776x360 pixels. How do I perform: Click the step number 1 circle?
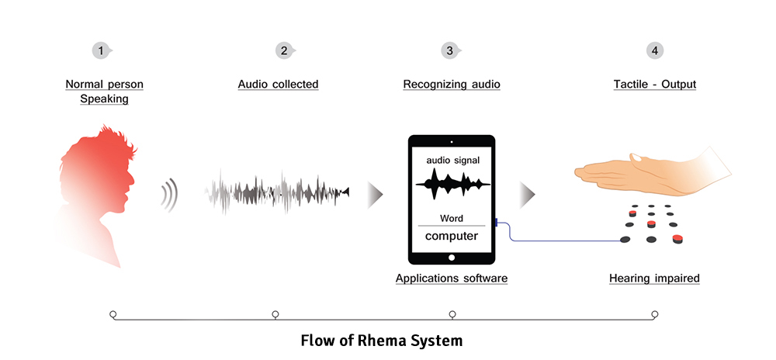[x=100, y=50]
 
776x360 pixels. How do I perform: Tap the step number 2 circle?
[x=284, y=50]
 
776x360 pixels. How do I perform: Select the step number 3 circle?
[x=449, y=50]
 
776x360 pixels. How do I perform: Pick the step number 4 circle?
[x=655, y=50]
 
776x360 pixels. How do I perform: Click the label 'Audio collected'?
[x=278, y=84]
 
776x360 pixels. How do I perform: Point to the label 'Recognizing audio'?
[x=452, y=84]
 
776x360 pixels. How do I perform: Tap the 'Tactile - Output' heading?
[x=654, y=84]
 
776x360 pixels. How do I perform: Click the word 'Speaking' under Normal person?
[x=104, y=99]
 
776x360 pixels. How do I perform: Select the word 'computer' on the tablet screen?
[x=452, y=236]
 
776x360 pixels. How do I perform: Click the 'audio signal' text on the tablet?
[x=452, y=161]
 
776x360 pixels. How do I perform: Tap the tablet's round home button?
[x=452, y=256]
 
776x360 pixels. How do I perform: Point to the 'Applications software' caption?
[x=452, y=278]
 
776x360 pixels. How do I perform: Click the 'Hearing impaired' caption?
[x=654, y=278]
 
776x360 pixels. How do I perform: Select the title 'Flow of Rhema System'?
[x=381, y=340]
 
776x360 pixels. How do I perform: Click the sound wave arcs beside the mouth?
[x=169, y=195]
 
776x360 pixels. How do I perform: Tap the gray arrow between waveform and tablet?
[x=375, y=194]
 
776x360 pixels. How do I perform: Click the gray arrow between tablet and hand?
[x=527, y=195]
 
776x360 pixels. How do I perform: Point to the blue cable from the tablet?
[x=543, y=239]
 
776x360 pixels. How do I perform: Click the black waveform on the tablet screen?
[x=452, y=184]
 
